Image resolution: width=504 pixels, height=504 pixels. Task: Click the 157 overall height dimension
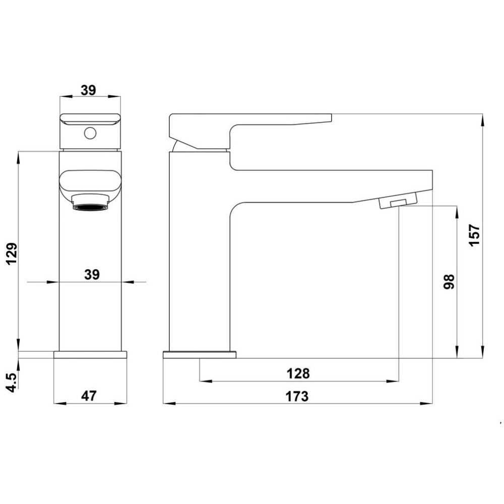[474, 235]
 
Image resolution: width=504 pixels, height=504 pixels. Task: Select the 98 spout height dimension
[449, 282]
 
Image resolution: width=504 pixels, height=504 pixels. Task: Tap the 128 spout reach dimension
[298, 373]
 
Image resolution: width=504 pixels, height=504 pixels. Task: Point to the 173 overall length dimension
[297, 396]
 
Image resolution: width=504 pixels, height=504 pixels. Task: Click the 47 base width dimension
[89, 396]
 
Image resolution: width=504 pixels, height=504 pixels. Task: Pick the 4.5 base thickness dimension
[13, 382]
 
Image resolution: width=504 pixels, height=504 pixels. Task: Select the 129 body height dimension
[12, 254]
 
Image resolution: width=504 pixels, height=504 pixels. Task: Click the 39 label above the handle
[88, 90]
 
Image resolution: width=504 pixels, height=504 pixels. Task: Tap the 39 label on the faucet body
[92, 275]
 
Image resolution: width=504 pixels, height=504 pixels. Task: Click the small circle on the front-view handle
[90, 133]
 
